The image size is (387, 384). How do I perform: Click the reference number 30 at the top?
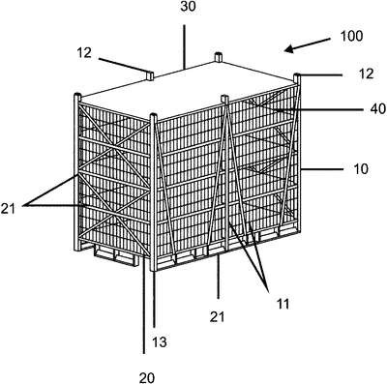188,7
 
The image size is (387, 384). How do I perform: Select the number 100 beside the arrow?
351,36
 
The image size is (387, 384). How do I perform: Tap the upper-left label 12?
84,53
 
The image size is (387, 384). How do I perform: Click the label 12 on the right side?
366,74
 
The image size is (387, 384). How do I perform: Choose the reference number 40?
377,109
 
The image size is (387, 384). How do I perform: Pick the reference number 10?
361,169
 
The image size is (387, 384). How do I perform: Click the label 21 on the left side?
9,209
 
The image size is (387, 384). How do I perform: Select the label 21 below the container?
217,317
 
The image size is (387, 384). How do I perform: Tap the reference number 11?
283,304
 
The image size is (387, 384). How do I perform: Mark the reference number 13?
160,341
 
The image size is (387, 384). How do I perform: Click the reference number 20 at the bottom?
147,377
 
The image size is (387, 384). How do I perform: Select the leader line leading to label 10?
321,169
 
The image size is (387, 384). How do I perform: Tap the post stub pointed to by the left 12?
150,75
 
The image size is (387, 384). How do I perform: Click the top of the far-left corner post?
77,96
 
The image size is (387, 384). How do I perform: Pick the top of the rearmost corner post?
219,57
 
